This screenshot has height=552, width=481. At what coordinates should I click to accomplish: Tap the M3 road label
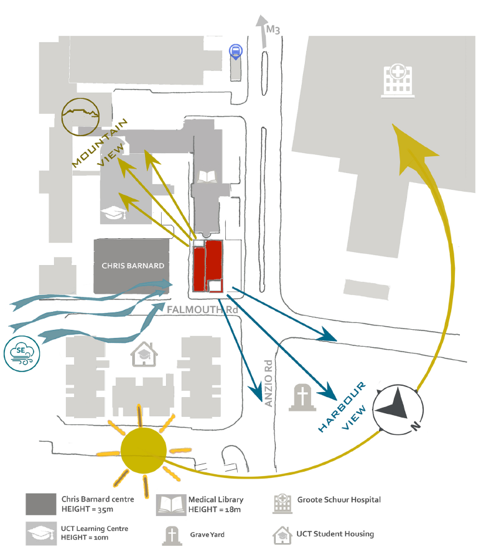click(273, 29)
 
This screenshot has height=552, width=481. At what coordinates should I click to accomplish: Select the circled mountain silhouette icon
click(81, 116)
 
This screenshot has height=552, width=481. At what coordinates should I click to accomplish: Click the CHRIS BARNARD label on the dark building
click(133, 266)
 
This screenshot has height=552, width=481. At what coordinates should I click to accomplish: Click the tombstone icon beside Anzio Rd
click(302, 398)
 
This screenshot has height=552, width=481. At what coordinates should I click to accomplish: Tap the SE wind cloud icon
click(21, 352)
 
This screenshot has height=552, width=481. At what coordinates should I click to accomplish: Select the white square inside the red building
click(215, 286)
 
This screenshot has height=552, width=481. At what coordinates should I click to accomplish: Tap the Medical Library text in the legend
click(215, 499)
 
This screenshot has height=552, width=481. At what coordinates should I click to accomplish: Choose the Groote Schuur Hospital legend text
click(339, 499)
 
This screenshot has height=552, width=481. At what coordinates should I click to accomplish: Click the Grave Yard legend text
click(207, 534)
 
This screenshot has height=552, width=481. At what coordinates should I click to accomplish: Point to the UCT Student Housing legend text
click(335, 533)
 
